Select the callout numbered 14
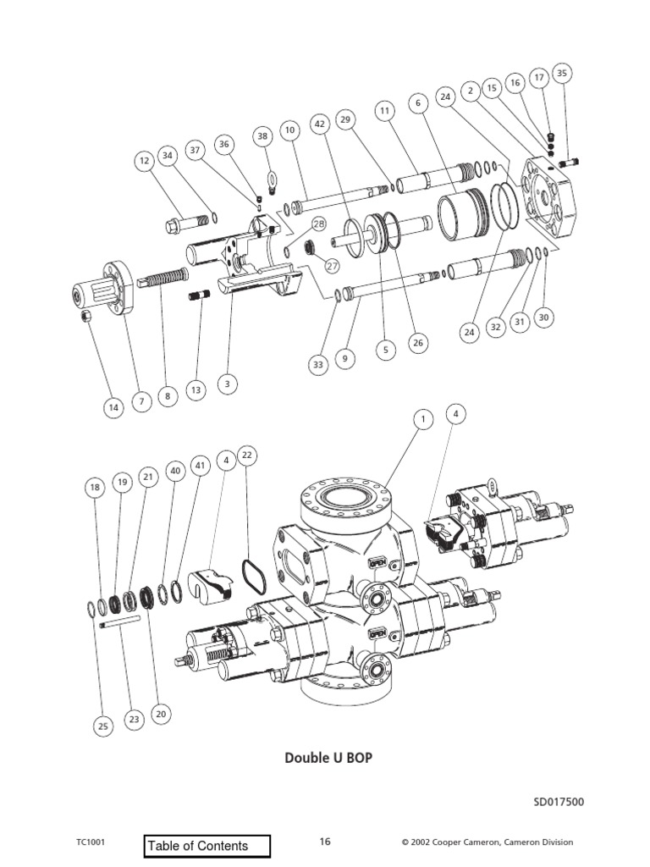113,407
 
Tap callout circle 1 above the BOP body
421,418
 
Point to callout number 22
247,456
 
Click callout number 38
263,136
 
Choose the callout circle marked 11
385,111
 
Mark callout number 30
544,318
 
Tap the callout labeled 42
319,124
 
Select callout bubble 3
227,384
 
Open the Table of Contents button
208,845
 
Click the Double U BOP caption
328,758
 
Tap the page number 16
325,842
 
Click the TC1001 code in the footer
91,842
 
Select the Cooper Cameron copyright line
487,842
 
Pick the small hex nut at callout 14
85,317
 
